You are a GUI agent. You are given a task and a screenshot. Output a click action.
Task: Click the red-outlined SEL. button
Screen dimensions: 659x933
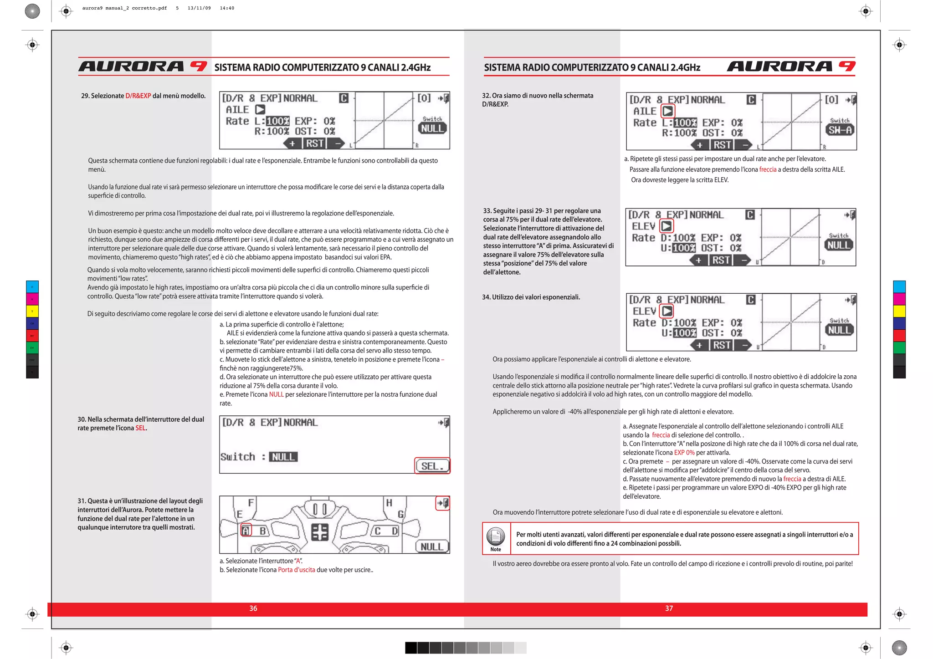tap(432, 466)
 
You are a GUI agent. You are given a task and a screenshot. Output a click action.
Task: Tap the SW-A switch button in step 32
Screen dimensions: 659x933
tap(840, 130)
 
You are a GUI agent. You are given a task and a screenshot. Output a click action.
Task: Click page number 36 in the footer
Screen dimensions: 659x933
tap(253, 608)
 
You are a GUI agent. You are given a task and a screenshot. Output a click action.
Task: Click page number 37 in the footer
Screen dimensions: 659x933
tap(669, 608)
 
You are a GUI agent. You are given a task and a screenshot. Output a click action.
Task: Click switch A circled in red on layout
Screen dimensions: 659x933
tap(246, 531)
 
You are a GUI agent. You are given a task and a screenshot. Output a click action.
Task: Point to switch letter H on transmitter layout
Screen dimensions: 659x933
tap(389, 503)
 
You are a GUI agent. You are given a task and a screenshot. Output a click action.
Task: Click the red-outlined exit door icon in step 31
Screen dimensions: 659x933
tap(443, 503)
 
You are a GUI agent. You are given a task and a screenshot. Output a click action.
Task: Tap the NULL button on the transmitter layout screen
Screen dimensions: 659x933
tap(431, 547)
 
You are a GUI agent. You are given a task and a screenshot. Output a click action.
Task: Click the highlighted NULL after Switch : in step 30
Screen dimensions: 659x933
tap(283, 457)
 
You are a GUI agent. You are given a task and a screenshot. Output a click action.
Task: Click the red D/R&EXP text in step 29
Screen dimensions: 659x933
tap(138, 96)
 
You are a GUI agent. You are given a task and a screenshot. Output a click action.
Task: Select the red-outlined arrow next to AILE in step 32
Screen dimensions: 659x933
tap(668, 111)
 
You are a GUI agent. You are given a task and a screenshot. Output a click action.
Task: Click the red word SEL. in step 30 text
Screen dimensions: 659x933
tap(141, 428)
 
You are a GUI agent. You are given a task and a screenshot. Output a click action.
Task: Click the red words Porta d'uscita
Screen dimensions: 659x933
tap(297, 570)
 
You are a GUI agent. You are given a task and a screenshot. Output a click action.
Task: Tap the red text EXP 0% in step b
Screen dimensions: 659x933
tap(684, 453)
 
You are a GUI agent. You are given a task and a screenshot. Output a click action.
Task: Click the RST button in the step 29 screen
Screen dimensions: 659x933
tap(315, 143)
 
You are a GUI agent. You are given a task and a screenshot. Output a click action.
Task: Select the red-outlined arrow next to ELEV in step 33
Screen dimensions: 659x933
tap(666, 226)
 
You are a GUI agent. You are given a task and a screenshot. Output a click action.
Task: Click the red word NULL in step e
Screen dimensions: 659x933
tap(276, 394)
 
